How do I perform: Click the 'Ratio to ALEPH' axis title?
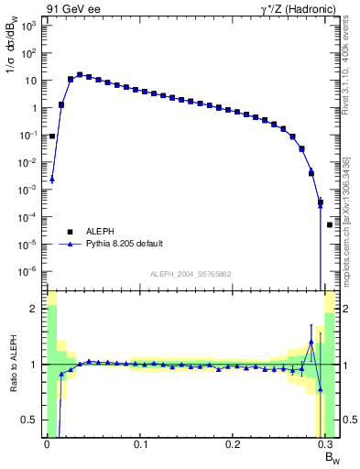pos(13,365)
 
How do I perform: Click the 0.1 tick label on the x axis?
pos(140,444)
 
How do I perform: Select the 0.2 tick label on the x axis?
pos(233,444)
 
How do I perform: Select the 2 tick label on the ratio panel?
pos(36,309)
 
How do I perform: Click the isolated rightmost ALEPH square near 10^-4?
pos(330,224)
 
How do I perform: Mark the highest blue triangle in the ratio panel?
pos(311,342)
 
